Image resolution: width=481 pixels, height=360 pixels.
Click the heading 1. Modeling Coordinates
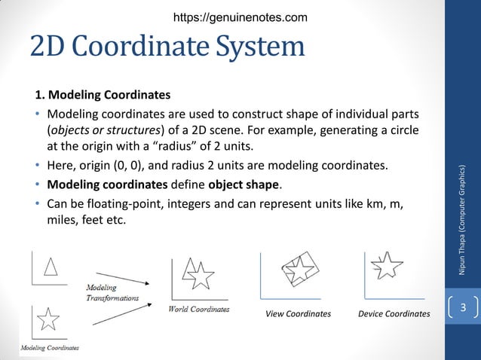(103, 96)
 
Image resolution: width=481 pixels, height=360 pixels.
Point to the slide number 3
(464, 308)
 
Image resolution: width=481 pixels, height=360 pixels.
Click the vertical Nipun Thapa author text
(464, 218)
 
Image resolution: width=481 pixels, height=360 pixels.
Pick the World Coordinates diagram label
(199, 309)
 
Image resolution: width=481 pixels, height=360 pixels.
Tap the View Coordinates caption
(299, 314)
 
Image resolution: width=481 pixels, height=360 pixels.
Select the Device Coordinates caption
(394, 314)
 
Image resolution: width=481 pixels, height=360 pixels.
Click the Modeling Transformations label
(112, 292)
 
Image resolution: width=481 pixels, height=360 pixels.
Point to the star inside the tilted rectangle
(299, 270)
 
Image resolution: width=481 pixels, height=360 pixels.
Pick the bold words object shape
(244, 185)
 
